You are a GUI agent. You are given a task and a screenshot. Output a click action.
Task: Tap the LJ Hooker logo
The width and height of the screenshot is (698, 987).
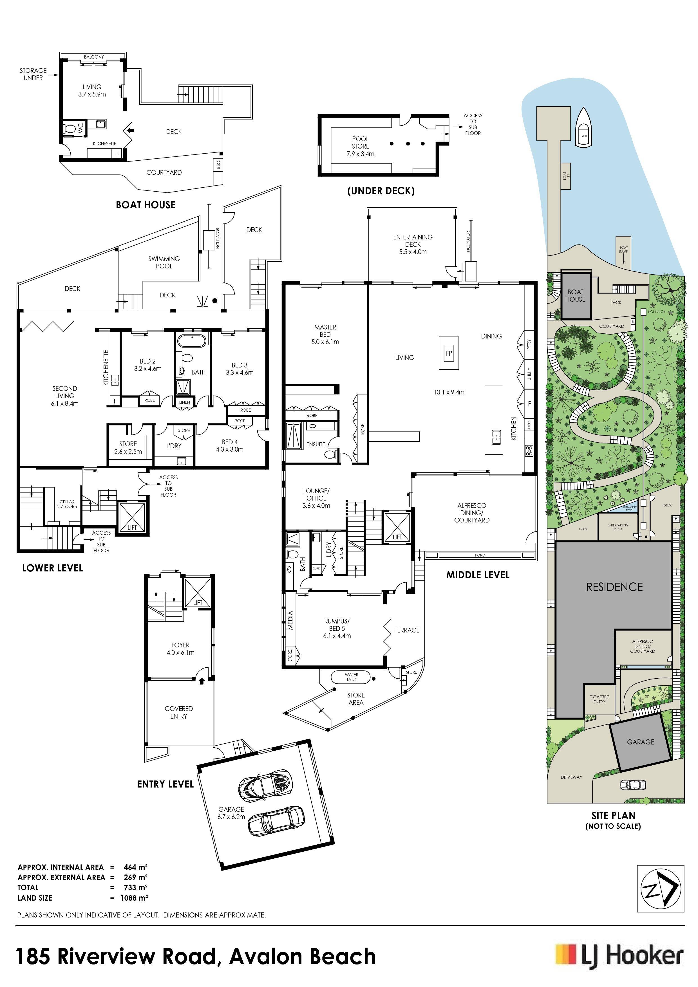tap(619, 957)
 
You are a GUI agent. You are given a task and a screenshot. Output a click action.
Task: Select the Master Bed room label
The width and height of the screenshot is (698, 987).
tap(325, 335)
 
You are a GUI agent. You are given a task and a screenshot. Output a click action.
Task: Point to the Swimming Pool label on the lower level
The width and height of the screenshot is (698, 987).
tap(164, 262)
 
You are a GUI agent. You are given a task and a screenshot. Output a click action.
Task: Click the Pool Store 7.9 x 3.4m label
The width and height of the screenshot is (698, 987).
tap(360, 146)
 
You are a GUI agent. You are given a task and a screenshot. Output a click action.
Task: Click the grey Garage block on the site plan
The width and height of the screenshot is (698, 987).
tap(640, 742)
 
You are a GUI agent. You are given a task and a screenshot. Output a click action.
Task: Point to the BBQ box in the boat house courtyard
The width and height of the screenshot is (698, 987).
tap(218, 165)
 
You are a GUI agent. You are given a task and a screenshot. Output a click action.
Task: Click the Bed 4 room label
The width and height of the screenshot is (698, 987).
tap(230, 445)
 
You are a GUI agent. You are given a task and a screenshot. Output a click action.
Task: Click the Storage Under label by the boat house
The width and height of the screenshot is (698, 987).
tap(33, 74)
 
